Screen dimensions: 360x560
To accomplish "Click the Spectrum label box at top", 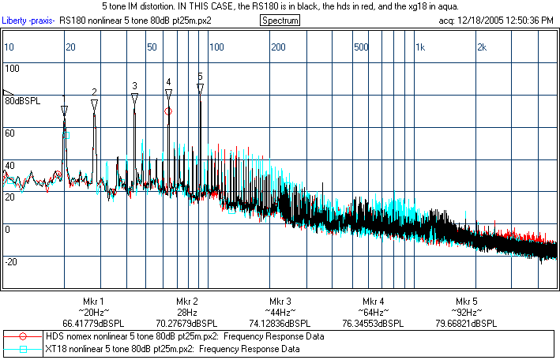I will click(x=280, y=20).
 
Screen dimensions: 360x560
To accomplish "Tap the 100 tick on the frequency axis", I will click(x=216, y=47).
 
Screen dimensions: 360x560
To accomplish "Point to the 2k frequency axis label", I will click(x=481, y=47).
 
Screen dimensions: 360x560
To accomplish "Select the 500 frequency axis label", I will click(x=361, y=47).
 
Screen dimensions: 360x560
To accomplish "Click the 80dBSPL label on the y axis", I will click(x=23, y=101).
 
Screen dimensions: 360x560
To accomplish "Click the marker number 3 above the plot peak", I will click(x=134, y=85).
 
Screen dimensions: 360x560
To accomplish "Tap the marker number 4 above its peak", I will click(x=168, y=81).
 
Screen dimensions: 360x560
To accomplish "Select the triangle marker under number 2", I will click(x=94, y=104).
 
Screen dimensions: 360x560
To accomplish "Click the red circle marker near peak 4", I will click(x=167, y=111).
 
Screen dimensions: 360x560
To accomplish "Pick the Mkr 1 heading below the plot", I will click(x=93, y=302).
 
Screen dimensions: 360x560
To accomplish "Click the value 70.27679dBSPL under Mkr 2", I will click(x=186, y=324).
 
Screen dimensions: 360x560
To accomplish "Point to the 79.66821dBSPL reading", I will click(x=466, y=324).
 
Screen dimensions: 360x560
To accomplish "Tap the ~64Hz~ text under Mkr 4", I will click(x=373, y=313).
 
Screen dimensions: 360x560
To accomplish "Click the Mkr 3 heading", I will click(x=280, y=302).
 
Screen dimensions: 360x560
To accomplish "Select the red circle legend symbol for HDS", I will click(x=24, y=336).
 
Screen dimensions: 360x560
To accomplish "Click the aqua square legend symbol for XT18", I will click(x=24, y=349).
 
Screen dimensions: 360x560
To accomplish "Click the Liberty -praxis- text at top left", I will click(x=28, y=20).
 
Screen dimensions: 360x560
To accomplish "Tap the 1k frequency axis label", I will click(x=420, y=47).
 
